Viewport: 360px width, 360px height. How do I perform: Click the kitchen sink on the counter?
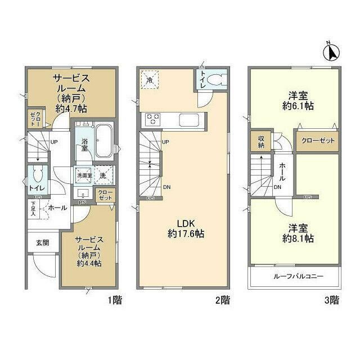click(x=187, y=119)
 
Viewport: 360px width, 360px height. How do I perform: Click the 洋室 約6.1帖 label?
click(x=294, y=100)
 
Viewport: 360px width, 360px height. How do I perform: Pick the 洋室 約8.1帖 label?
click(x=294, y=233)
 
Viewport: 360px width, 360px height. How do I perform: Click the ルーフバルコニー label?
click(x=294, y=277)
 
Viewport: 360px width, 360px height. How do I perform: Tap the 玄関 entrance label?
click(x=43, y=242)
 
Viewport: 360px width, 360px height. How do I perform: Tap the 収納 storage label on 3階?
click(x=262, y=141)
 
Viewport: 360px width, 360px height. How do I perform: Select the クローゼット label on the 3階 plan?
click(x=317, y=141)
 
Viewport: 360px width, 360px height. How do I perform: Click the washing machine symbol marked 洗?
click(x=103, y=175)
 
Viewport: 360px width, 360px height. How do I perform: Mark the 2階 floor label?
click(x=221, y=299)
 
